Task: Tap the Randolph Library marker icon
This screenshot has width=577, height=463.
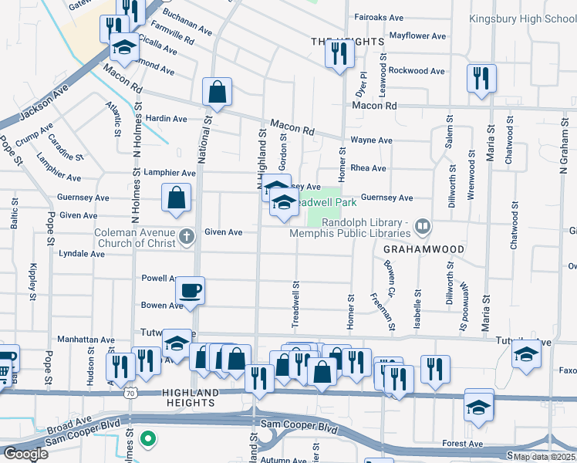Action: click(x=422, y=227)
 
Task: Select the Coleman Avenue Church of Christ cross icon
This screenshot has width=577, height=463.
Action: click(x=186, y=236)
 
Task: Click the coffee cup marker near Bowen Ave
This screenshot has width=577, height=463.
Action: click(x=190, y=291)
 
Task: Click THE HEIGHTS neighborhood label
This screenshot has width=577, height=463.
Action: click(x=336, y=41)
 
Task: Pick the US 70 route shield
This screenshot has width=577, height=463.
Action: click(x=130, y=394)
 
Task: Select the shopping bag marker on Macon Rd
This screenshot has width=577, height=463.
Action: click(x=218, y=92)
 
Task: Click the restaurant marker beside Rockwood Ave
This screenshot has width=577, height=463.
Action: click(x=481, y=78)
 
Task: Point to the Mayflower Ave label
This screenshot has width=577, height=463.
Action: click(x=417, y=35)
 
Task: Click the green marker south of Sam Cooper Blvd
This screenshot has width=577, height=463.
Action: click(x=148, y=441)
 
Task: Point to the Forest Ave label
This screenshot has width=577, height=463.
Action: click(x=463, y=444)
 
